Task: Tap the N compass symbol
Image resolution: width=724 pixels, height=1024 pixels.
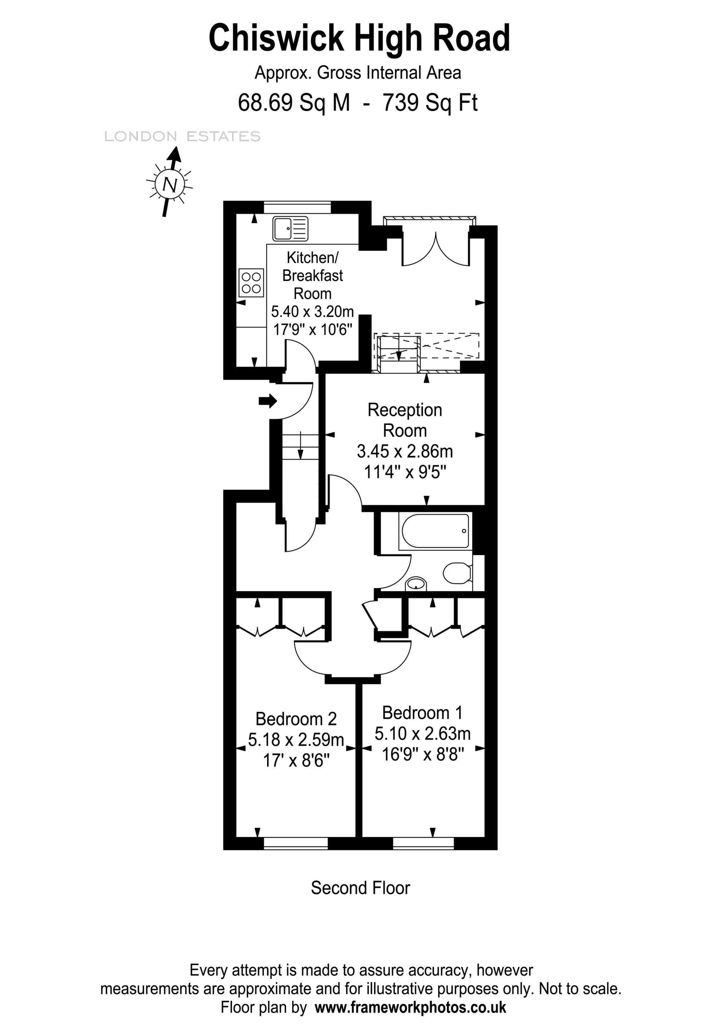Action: click(169, 184)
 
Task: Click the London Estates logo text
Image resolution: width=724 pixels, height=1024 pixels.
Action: click(182, 137)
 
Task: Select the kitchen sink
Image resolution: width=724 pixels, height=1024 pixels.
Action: click(290, 228)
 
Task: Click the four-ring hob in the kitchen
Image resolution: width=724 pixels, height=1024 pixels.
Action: click(251, 283)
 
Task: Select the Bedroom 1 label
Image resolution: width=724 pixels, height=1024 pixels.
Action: click(422, 713)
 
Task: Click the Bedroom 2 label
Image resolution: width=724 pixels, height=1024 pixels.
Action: click(296, 719)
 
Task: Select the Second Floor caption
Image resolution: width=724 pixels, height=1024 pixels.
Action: click(360, 888)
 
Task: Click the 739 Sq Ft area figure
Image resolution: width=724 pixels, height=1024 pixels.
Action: click(430, 103)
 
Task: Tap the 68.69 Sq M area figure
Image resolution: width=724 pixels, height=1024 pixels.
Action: click(294, 103)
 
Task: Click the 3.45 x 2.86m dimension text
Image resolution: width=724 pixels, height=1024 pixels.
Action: click(405, 451)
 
